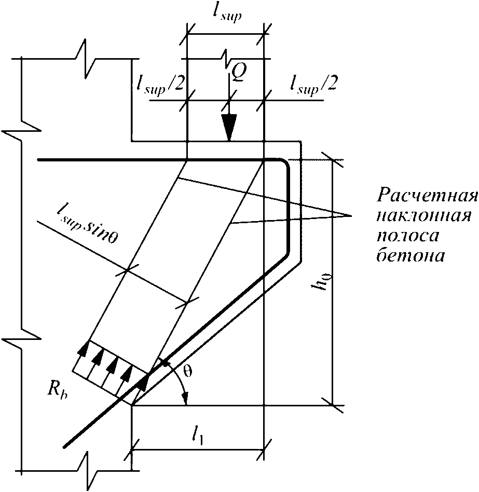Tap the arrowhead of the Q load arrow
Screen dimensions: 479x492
[x=229, y=128]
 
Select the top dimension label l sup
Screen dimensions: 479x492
[x=226, y=15]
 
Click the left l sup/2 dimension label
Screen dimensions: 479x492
[x=159, y=85]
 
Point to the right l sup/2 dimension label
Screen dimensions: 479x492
[x=313, y=84]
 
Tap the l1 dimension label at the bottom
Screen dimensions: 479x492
[x=198, y=436]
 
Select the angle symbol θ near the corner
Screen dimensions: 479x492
[x=187, y=372]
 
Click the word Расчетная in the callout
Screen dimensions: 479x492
[x=427, y=195]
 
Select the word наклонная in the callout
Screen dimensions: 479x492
[x=423, y=216]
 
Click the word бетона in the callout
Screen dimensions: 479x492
[x=410, y=255]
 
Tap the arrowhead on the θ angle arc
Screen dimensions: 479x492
[x=186, y=399]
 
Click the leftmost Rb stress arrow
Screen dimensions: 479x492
[x=83, y=349]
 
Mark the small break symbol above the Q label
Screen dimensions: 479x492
[x=226, y=59]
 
